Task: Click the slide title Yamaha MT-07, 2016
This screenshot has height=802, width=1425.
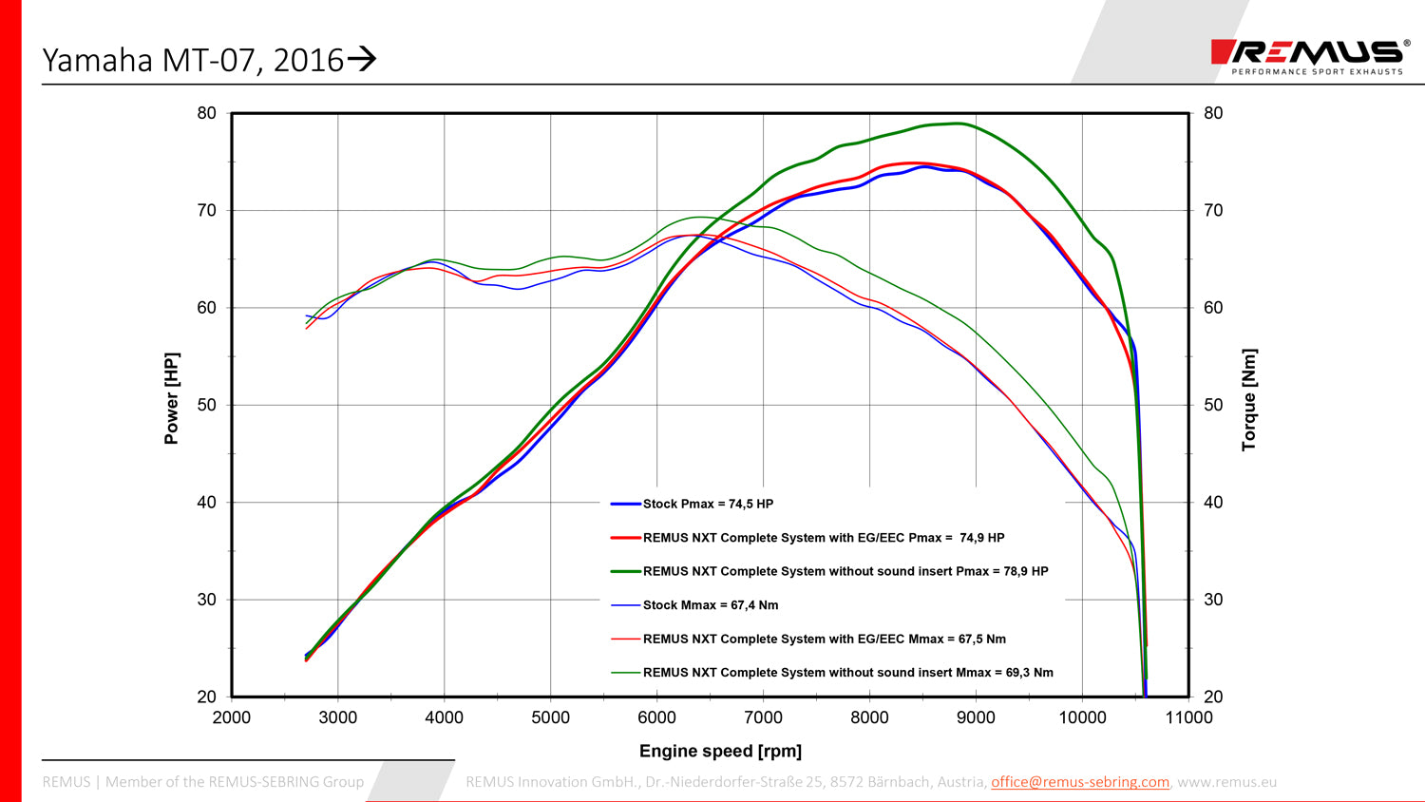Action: pos(193,60)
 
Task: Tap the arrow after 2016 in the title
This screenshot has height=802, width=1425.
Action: pos(362,60)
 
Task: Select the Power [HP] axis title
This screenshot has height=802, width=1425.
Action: pos(171,398)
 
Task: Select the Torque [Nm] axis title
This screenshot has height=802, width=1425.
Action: pos(1249,399)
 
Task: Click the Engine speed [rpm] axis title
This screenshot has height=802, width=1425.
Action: pos(720,751)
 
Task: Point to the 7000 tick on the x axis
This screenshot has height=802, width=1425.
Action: pos(763,717)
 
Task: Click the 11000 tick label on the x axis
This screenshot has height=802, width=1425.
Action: pos(1188,717)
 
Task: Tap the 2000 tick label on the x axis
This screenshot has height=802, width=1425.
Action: pos(232,717)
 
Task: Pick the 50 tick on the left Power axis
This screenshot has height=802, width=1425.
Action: pos(207,405)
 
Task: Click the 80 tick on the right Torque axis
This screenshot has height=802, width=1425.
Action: pos(1213,113)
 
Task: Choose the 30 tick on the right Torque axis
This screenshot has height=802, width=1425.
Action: pos(1213,600)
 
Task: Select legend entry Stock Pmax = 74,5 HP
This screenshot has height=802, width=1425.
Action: pos(708,504)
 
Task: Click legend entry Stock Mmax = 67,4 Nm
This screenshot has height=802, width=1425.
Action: pos(710,605)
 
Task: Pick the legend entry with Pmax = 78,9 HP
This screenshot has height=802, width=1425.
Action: pos(845,571)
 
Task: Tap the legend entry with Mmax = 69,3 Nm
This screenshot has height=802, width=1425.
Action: pos(847,673)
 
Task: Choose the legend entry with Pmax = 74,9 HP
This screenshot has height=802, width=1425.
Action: pos(823,538)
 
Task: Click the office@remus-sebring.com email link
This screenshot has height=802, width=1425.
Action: pos(1079,782)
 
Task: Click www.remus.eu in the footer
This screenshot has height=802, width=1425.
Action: pos(1226,782)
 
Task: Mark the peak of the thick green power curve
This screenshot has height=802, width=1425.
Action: pos(959,123)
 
